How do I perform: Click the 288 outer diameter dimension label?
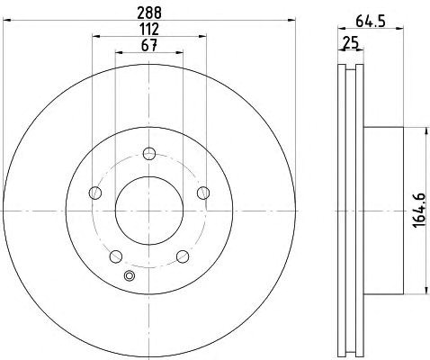coord(149,13)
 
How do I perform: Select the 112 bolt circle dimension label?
coord(149,30)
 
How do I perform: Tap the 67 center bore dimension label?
coord(149,46)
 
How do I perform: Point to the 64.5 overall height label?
coord(371,22)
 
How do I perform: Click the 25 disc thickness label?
coord(351,43)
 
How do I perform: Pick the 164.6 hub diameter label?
coord(419,211)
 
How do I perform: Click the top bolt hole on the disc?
coord(149,154)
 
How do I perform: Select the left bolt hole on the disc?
coord(95,193)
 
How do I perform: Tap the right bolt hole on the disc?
coord(203,193)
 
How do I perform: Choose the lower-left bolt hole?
coord(116,256)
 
